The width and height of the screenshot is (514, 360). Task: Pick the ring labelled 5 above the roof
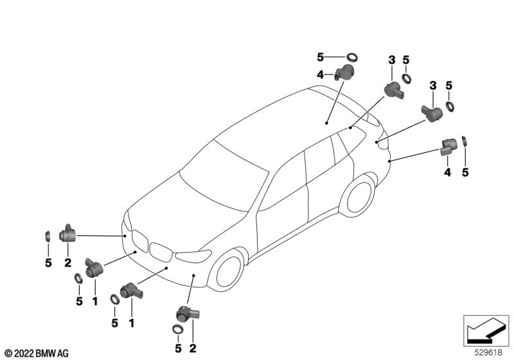[x=352, y=56]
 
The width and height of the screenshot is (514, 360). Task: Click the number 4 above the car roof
[x=320, y=75]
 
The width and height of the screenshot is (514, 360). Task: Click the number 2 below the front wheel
[x=193, y=348]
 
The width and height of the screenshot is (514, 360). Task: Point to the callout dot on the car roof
[x=327, y=121]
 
